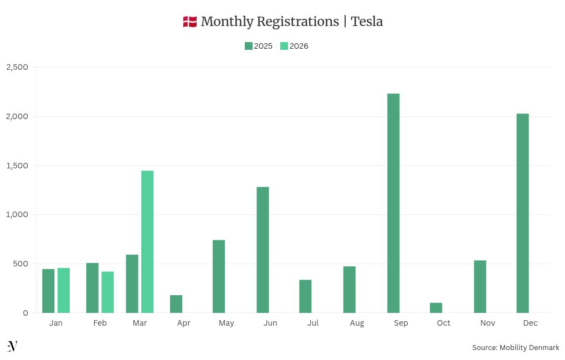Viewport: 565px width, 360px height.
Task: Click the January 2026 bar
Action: tap(64, 290)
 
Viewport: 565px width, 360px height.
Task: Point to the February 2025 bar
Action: tap(93, 287)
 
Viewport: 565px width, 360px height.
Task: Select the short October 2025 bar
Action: tap(436, 308)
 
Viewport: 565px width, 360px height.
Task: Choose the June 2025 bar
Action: tap(263, 250)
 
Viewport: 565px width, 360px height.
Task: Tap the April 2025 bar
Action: tap(176, 304)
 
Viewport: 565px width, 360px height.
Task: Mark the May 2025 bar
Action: tap(219, 276)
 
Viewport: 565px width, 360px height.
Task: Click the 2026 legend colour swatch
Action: tap(284, 46)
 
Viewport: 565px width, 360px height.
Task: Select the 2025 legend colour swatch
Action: tap(249, 46)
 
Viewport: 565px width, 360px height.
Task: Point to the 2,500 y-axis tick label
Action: tap(17, 67)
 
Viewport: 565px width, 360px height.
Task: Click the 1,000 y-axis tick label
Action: tap(17, 214)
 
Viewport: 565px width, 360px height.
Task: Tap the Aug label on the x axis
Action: tap(357, 323)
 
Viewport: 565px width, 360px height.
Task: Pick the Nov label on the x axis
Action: tap(487, 323)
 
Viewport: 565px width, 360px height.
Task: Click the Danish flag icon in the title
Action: tap(190, 22)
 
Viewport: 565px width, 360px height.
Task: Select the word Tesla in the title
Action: tap(367, 22)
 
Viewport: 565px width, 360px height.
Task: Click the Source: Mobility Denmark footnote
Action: tap(515, 347)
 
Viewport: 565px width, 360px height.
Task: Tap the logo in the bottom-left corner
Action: tap(12, 346)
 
